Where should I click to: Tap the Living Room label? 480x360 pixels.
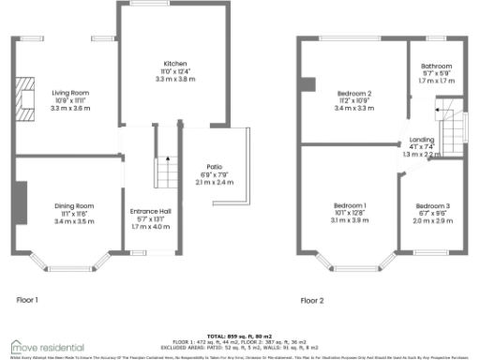point(69,92)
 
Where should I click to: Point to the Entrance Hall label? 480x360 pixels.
point(150,212)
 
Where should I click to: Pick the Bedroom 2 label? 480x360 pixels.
point(355,93)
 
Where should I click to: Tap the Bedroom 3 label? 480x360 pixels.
point(433,205)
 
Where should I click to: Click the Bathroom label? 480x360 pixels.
point(436,67)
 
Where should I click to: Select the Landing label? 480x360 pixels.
point(421,139)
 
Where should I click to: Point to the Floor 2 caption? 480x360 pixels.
point(311,301)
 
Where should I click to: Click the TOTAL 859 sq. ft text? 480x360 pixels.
point(241,335)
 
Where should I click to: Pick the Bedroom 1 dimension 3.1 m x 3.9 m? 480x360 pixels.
point(352,220)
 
